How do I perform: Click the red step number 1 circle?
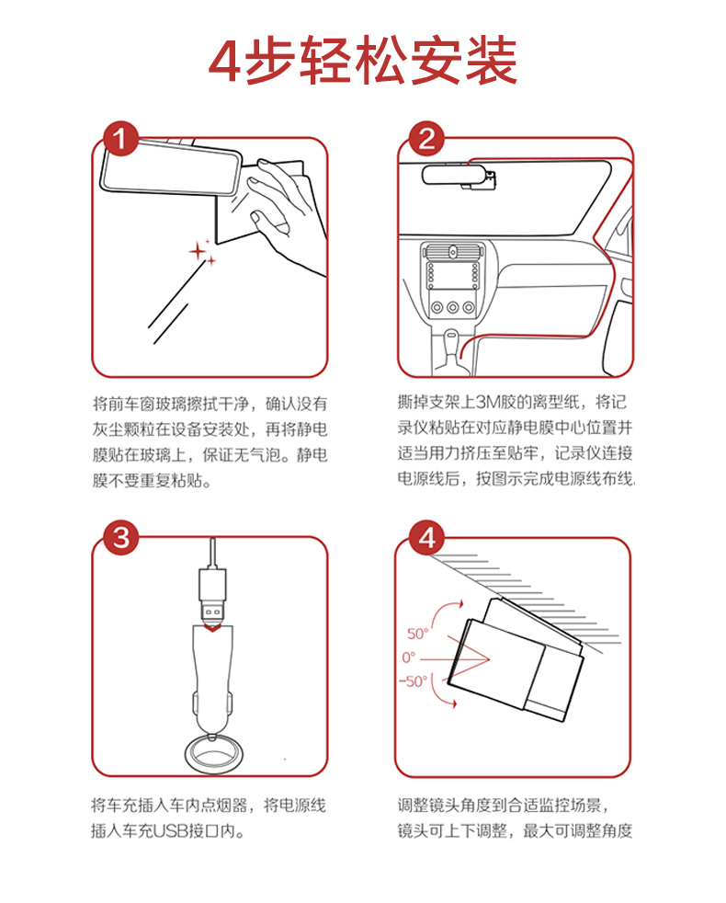[121, 139]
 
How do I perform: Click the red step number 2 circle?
[426, 139]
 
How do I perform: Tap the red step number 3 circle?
[121, 538]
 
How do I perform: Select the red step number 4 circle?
[426, 538]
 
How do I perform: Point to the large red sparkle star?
[198, 251]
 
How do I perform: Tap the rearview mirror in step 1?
[171, 166]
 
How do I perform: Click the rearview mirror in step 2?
[453, 175]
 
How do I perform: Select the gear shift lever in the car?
[451, 349]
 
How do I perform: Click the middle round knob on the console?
[453, 307]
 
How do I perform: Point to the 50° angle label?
[418, 634]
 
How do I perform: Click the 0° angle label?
[409, 657]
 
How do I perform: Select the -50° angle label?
[414, 681]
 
